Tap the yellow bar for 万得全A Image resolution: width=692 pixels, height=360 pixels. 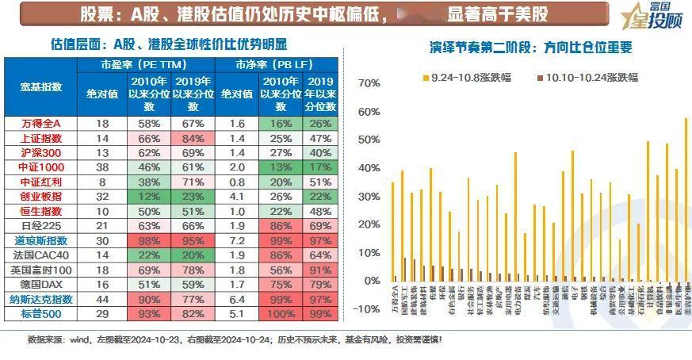392,232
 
